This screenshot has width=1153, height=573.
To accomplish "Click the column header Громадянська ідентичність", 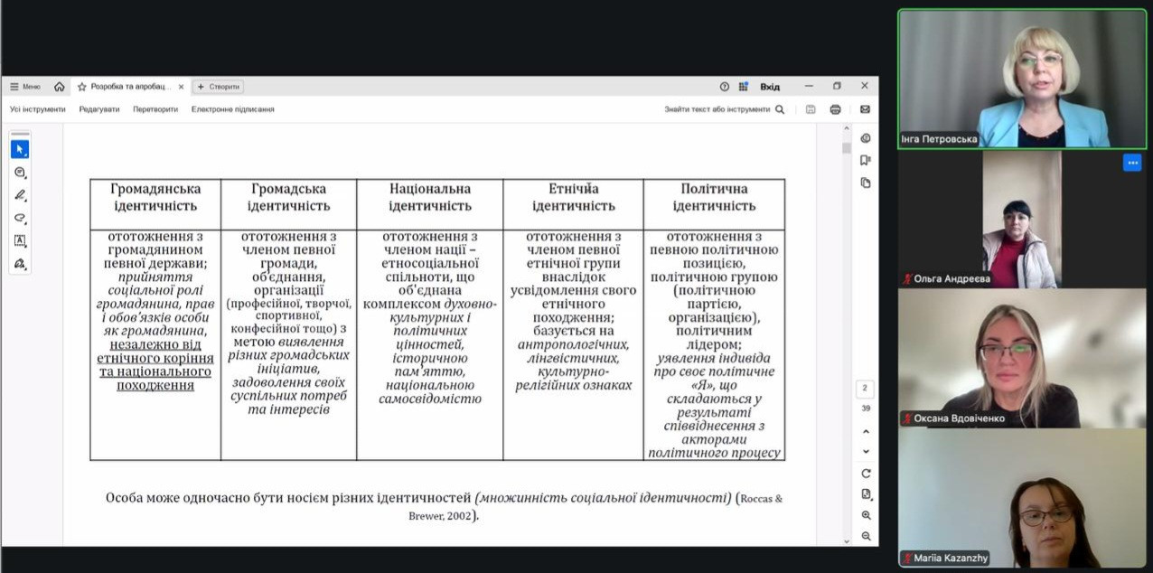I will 155,197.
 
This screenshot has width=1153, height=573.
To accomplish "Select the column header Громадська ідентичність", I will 289,197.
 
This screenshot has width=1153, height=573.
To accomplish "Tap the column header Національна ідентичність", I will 430,197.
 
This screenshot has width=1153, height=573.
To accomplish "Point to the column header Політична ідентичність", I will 714,197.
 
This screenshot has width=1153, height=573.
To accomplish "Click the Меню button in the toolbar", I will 25,87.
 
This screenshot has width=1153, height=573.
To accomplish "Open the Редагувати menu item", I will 98,109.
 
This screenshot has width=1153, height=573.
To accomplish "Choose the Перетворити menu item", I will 155,109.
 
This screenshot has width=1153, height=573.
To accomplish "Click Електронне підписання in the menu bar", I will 232,109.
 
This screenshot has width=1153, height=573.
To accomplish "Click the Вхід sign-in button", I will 770,87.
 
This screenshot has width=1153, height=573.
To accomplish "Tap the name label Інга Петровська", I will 940,139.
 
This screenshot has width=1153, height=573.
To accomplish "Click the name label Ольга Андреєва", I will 951,278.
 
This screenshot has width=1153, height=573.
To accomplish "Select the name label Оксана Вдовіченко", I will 959,418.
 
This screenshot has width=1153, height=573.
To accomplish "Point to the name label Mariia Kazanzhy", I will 951,559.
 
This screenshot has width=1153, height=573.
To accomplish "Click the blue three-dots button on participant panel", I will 1132,163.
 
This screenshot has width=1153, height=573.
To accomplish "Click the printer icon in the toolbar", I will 835,109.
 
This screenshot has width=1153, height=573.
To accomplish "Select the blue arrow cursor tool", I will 20,149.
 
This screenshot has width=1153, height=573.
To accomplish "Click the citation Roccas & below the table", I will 761,499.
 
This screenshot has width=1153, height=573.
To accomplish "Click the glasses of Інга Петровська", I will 1039,60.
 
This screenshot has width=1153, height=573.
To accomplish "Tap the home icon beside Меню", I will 60,87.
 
